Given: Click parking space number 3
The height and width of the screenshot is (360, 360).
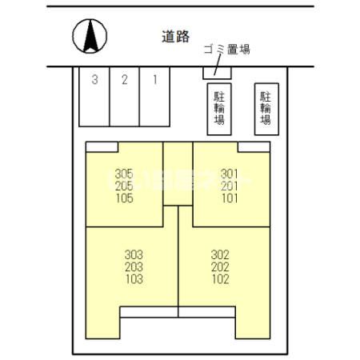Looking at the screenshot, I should click(94, 79).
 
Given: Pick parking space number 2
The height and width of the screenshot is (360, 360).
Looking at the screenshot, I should click(124, 79).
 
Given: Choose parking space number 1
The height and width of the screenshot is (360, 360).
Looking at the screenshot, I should click(154, 79).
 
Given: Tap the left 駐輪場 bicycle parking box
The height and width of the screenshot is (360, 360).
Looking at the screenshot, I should click(218, 109).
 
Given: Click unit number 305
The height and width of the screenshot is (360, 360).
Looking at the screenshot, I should click(123, 174).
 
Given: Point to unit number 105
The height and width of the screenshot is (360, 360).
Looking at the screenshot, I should click(123, 198).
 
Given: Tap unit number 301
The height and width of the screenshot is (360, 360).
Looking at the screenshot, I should click(230, 174).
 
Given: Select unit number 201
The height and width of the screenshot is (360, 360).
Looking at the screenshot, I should click(230, 186).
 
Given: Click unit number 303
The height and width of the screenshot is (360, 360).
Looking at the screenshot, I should click(134, 255).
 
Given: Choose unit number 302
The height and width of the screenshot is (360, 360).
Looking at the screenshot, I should click(221, 255).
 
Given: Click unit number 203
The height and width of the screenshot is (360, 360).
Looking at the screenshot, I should click(134, 267).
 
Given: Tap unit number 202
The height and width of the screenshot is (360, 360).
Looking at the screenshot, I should click(221, 267).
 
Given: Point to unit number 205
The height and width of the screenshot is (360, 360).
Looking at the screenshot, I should click(123, 186).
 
